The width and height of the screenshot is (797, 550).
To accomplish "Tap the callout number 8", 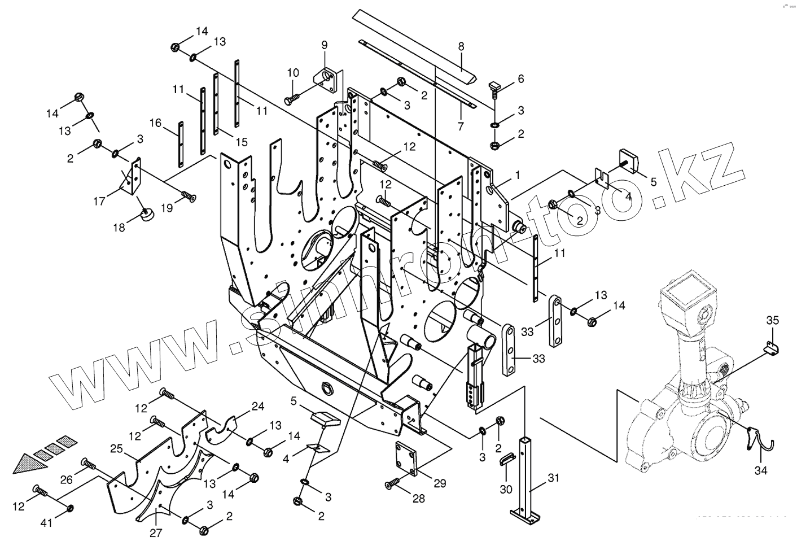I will point(461,47).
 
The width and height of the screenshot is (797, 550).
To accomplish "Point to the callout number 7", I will point(461,126).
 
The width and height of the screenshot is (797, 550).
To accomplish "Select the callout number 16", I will point(156,123).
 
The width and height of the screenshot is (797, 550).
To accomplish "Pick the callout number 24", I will point(257,406).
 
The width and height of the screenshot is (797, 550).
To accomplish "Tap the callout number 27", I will point(156,532).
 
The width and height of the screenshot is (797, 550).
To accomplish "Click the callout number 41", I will point(46,523).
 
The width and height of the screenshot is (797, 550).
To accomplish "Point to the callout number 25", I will point(116,449).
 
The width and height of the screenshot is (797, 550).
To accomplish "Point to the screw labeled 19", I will point(189,197).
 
